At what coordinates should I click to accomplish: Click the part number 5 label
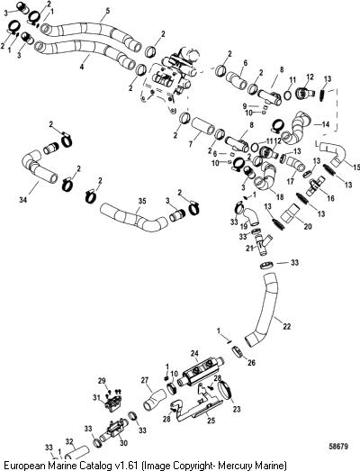tap(108, 11)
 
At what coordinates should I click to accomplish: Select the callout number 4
tap(82, 67)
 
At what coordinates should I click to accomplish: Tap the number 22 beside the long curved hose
tap(287, 326)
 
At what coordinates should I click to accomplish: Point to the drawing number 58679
tap(337, 447)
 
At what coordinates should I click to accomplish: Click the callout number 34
tap(22, 199)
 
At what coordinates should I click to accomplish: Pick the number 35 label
tap(141, 201)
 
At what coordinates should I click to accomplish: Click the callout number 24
tap(194, 354)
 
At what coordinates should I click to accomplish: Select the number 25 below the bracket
tap(211, 420)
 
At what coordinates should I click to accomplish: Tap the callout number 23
tap(237, 409)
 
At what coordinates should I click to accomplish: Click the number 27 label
tap(145, 380)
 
